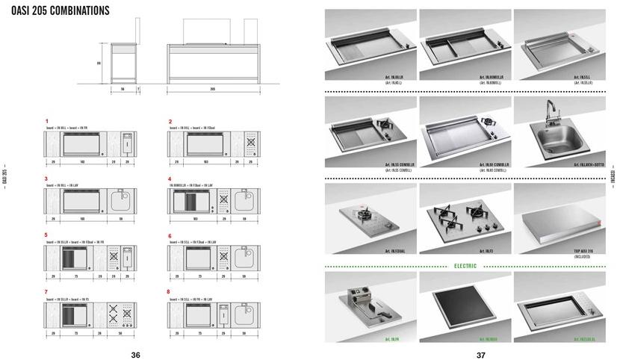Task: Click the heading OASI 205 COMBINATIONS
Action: (61, 10)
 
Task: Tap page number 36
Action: (135, 355)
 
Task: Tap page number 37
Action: (481, 355)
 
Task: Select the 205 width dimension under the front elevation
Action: (213, 88)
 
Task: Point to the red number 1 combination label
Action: (46, 121)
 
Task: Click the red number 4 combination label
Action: (170, 179)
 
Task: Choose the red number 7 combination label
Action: (46, 291)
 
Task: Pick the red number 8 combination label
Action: (170, 291)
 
